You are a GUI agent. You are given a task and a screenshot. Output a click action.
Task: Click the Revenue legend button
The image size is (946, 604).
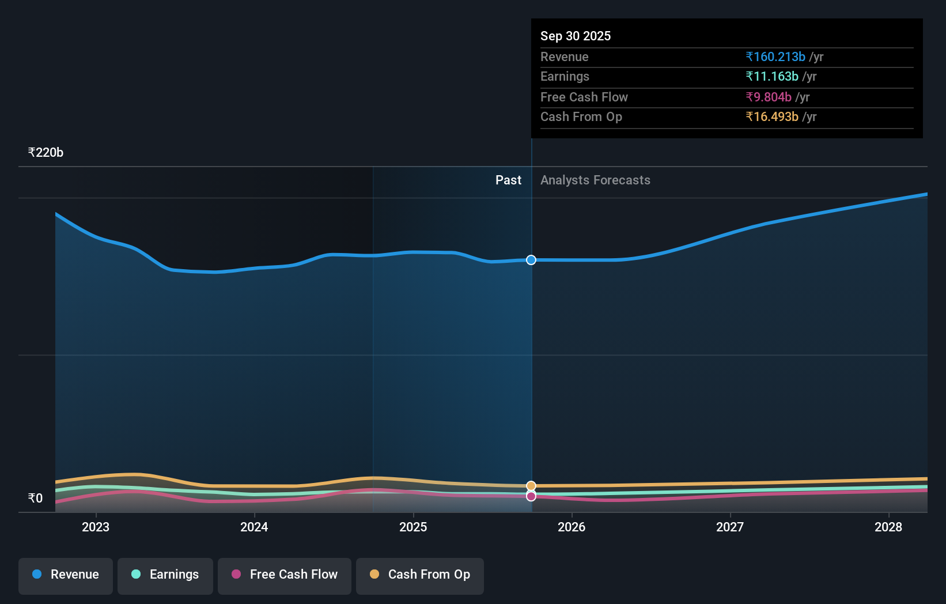pyautogui.click(x=66, y=575)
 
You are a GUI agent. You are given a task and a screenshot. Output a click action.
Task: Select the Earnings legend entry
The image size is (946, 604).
pyautogui.click(x=165, y=575)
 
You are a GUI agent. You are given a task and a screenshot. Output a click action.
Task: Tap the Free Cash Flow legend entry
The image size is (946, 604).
pyautogui.click(x=285, y=575)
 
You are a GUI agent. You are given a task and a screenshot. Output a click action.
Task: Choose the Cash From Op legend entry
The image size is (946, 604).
pyautogui.click(x=420, y=575)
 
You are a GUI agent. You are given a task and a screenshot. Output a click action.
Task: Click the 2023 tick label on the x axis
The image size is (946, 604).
pyautogui.click(x=96, y=527)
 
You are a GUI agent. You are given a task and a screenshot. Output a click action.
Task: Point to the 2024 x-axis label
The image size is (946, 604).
pyautogui.click(x=254, y=527)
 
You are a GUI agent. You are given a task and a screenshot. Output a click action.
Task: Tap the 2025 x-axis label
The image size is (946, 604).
pyautogui.click(x=413, y=527)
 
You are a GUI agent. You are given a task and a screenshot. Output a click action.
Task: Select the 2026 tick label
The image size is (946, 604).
pyautogui.click(x=572, y=527)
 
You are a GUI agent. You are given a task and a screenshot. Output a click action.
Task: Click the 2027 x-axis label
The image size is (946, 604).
pyautogui.click(x=730, y=527)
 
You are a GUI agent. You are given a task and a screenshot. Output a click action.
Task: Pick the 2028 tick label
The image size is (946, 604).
pyautogui.click(x=888, y=527)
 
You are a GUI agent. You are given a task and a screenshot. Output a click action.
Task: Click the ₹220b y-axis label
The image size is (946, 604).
pyautogui.click(x=46, y=153)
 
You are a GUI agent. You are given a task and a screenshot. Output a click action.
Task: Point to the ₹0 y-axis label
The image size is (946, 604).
pyautogui.click(x=35, y=499)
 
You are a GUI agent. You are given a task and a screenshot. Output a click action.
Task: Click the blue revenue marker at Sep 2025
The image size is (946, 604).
pyautogui.click(x=531, y=260)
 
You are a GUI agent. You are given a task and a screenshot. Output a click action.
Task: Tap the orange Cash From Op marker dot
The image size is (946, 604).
pyautogui.click(x=531, y=486)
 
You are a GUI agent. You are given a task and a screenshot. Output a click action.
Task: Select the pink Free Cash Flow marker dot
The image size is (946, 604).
pyautogui.click(x=531, y=496)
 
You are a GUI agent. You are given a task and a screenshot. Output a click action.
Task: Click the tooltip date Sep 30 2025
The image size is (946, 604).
pyautogui.click(x=576, y=36)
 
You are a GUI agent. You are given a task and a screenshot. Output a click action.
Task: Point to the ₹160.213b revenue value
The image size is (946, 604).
pyautogui.click(x=775, y=56)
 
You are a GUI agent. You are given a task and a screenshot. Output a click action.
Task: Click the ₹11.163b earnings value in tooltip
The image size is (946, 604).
pyautogui.click(x=772, y=77)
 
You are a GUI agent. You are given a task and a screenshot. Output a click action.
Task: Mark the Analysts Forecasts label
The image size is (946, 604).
pyautogui.click(x=595, y=180)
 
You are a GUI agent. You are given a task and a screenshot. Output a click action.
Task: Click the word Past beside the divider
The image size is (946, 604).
pyautogui.click(x=508, y=180)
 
